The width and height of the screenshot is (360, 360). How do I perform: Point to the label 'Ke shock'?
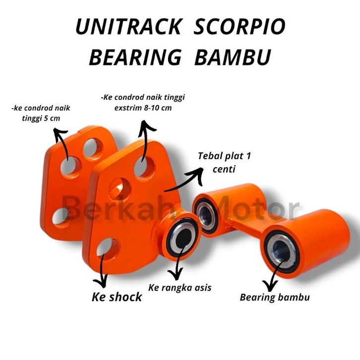click(117, 297)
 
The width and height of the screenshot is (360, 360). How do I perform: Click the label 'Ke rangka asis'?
click(180, 288)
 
